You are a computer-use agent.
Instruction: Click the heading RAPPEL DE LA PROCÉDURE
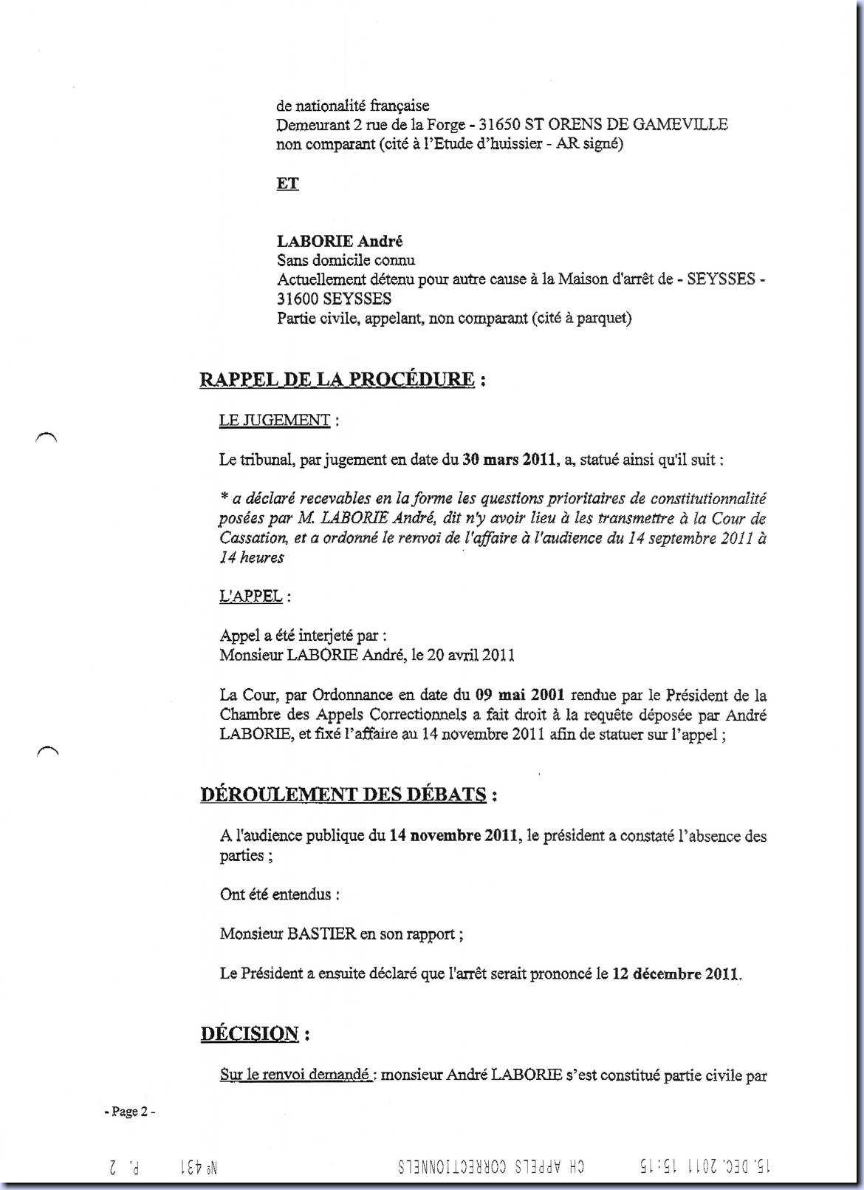[337, 380]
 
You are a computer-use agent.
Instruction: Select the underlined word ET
[287, 183]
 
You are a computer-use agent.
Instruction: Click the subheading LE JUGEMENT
[274, 421]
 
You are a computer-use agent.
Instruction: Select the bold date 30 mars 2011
[509, 460]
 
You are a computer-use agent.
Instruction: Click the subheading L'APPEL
[250, 596]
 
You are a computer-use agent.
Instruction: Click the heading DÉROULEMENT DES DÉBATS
[343, 795]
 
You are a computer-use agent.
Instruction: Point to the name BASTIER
[321, 934]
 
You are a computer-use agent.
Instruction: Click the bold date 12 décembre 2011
[676, 973]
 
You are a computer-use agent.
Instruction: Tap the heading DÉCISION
[250, 1033]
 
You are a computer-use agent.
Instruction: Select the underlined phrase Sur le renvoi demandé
[295, 1075]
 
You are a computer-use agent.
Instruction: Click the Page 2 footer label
[130, 1112]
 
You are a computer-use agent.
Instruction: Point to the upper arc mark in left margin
[46, 436]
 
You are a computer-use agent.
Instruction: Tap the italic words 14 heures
[252, 557]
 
